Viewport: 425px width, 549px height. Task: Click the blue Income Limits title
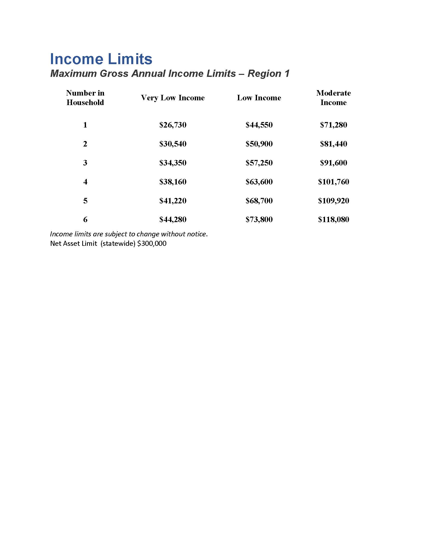point(101,59)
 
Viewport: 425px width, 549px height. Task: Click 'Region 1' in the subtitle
point(268,73)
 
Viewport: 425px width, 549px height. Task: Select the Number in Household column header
point(85,98)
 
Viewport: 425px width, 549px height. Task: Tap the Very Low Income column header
point(173,98)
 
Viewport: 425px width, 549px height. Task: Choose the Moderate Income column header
point(333,98)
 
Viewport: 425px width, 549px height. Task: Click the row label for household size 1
point(85,125)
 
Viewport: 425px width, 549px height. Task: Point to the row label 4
point(85,182)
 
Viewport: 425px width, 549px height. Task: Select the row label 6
point(85,219)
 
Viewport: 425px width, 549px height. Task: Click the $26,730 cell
point(173,125)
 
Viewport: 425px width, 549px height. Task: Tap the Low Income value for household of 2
point(259,144)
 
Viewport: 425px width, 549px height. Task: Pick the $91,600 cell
point(333,163)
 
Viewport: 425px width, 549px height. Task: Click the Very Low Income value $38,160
point(173,182)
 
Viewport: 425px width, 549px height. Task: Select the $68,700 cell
point(259,201)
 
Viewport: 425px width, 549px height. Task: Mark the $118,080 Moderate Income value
point(333,219)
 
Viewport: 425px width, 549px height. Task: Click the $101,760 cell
point(333,182)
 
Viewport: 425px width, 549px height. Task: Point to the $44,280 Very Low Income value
point(173,219)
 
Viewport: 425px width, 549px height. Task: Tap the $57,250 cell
point(259,163)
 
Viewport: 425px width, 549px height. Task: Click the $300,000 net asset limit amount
point(152,243)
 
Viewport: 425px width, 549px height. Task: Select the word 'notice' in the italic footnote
point(196,234)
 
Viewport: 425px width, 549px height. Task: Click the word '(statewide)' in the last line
point(118,243)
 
